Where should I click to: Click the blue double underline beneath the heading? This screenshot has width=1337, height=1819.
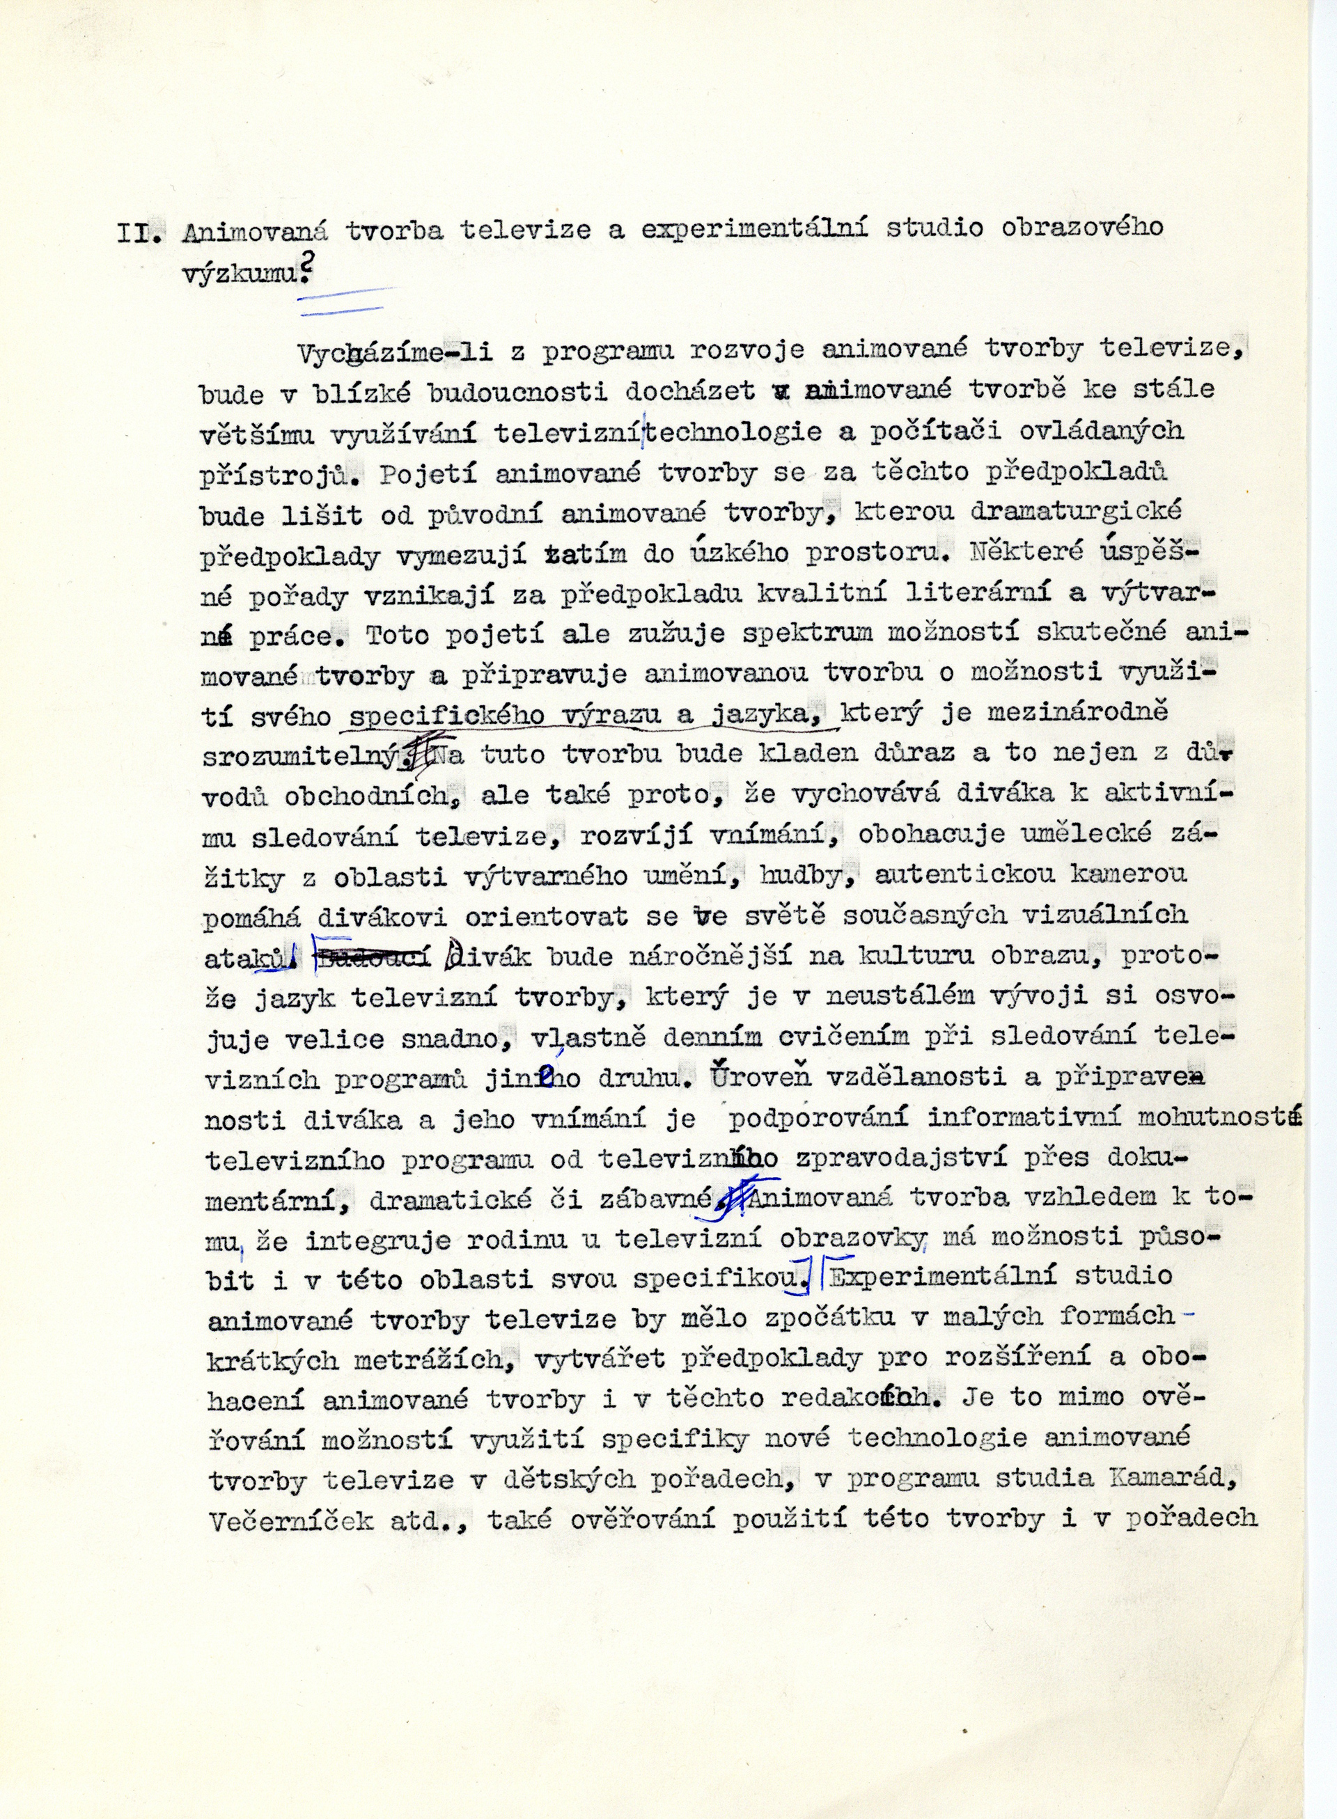(344, 299)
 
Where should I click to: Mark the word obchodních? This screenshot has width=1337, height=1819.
(377, 796)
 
